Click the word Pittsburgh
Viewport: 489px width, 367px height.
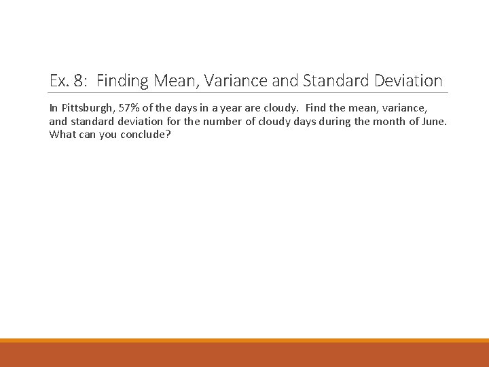[81, 108]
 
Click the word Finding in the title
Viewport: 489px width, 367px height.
[123, 81]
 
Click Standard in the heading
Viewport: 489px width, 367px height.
[334, 81]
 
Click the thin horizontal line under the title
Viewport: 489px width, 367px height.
[249, 93]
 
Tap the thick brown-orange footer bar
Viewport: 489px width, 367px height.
[244, 354]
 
